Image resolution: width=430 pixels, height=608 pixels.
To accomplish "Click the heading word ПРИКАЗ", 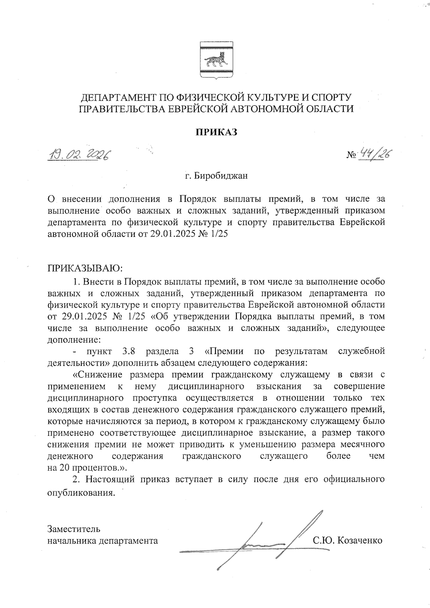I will (216, 132).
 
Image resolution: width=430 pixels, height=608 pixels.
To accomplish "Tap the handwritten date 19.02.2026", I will (80, 155).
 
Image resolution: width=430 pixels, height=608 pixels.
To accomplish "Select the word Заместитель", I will (74, 529).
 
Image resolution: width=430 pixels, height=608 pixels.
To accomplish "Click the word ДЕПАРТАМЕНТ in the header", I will (121, 97).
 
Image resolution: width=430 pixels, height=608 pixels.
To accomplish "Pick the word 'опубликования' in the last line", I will (81, 492).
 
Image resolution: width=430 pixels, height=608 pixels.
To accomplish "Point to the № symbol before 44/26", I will (351, 155).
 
